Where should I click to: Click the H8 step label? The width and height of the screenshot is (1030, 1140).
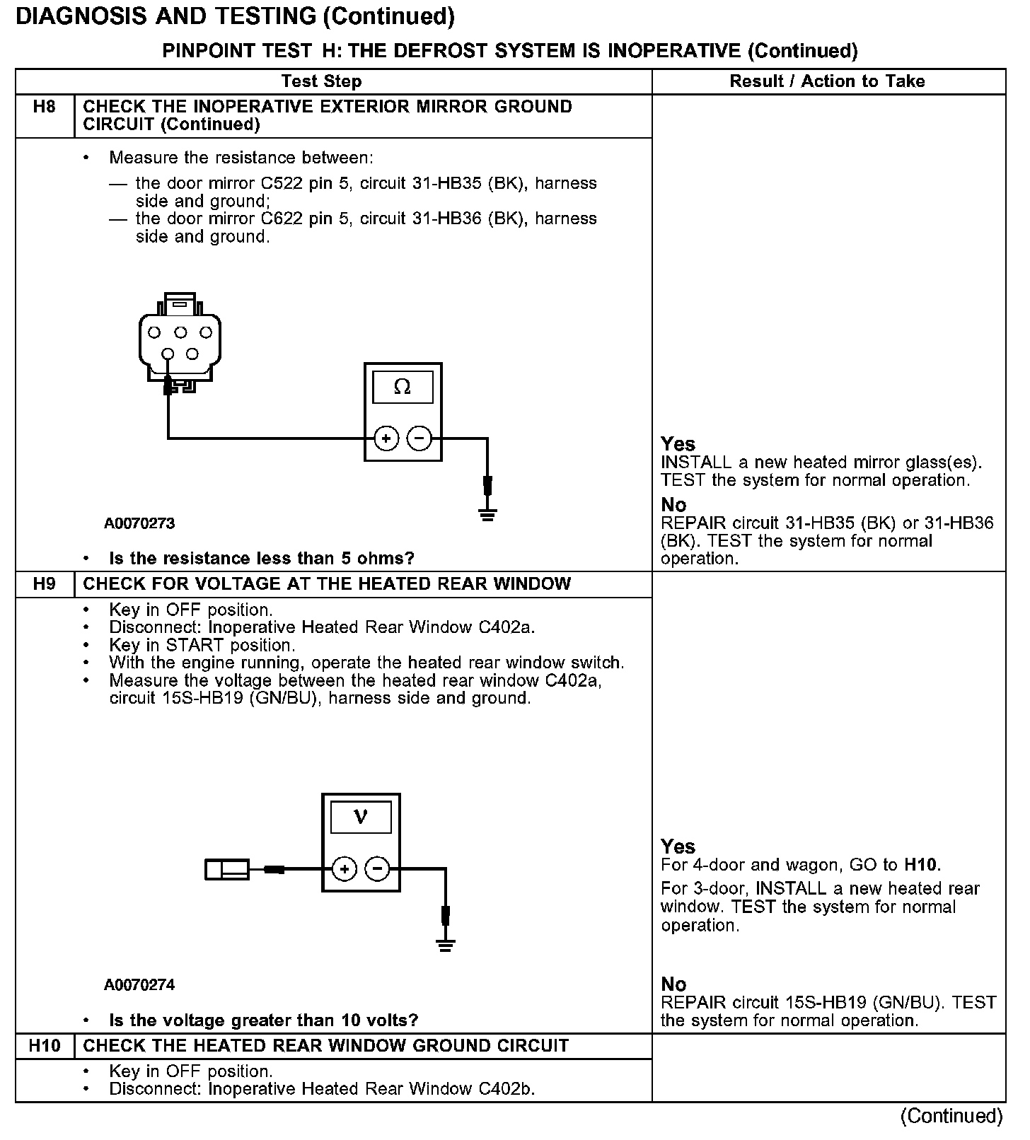[x=44, y=107]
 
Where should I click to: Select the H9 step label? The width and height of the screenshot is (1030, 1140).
[x=44, y=584]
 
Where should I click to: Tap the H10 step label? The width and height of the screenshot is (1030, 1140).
[x=44, y=1046]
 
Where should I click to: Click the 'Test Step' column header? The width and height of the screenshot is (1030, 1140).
[x=321, y=81]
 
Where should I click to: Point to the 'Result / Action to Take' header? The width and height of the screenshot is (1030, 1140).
[x=827, y=81]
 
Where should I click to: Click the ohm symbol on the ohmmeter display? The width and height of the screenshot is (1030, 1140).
[x=403, y=387]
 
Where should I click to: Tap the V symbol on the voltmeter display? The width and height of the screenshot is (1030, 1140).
[x=361, y=818]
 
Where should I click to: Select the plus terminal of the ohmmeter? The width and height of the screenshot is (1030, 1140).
[x=386, y=438]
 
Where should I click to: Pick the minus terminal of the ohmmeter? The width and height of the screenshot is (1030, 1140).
[x=419, y=438]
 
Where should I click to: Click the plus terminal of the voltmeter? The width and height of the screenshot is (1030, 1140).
[x=344, y=869]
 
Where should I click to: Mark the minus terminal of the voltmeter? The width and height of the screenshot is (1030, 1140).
[x=378, y=869]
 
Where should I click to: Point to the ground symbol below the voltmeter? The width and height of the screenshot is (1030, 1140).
[x=445, y=945]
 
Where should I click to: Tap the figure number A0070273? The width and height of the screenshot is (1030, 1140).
[x=139, y=524]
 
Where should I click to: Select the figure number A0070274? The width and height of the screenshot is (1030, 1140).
[x=139, y=985]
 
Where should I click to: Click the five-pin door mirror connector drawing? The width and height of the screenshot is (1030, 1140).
[x=180, y=339]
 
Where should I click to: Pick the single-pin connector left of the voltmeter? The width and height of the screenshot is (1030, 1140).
[x=226, y=869]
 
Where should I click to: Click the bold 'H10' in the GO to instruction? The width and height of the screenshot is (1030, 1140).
[x=921, y=865]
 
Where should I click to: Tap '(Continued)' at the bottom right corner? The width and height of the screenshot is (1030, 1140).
[x=951, y=1116]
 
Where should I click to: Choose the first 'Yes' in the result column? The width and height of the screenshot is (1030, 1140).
[x=678, y=444]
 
